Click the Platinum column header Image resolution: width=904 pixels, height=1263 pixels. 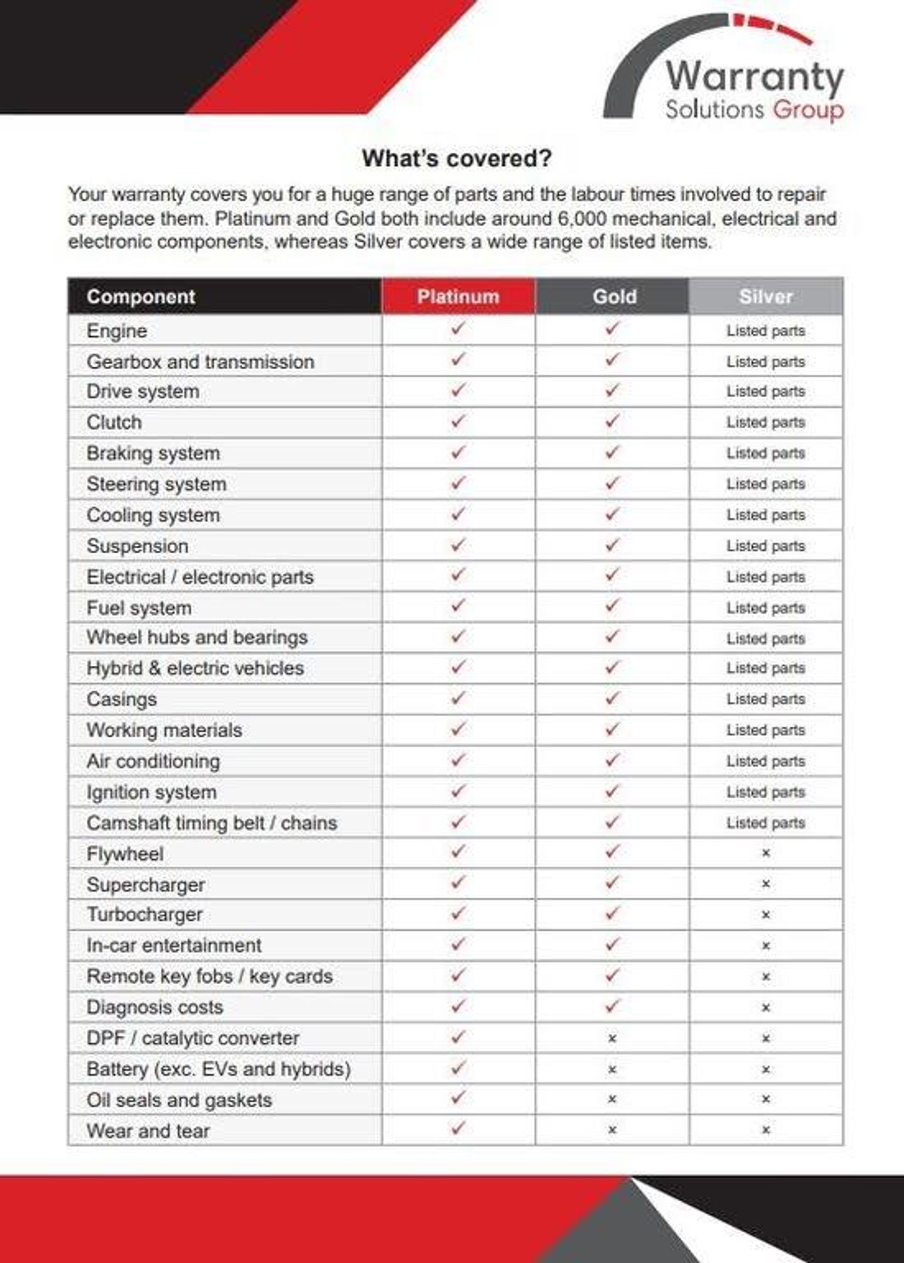tap(458, 296)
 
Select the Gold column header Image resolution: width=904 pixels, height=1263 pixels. tap(614, 296)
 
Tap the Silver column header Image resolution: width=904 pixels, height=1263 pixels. tap(766, 296)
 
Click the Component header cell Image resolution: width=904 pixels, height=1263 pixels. tap(141, 296)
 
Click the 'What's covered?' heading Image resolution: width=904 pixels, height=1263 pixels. tap(456, 158)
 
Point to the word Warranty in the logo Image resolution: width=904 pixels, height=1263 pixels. tap(755, 77)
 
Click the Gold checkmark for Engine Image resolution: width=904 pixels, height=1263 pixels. tap(612, 328)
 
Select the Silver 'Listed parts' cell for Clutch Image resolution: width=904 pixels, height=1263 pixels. tap(766, 422)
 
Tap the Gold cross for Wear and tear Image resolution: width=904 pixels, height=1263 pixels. tap(612, 1130)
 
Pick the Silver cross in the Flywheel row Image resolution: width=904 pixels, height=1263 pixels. tap(766, 853)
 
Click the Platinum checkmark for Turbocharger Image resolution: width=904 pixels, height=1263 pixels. tap(458, 913)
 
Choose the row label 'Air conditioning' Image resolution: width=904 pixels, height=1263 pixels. tap(153, 761)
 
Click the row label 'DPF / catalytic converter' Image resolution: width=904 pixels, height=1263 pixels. tap(193, 1038)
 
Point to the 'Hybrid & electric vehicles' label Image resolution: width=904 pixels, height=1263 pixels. tap(195, 668)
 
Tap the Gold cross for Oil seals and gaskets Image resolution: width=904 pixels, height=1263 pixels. tap(612, 1099)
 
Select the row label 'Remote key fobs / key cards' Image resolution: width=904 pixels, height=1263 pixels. tap(210, 977)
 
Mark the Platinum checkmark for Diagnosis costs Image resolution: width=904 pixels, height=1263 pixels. tap(458, 1006)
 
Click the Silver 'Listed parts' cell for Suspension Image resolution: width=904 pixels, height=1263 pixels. tap(766, 546)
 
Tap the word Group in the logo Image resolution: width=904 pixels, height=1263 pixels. tap(808, 111)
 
